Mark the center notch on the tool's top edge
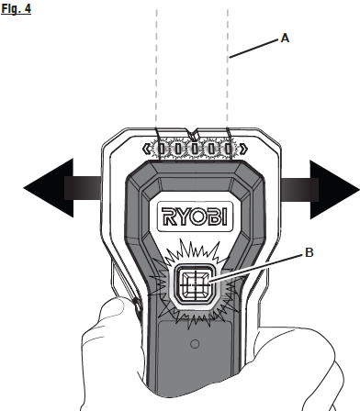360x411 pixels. pos(193,134)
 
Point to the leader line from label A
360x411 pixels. pos(253,48)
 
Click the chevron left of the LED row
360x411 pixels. pos(147,148)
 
